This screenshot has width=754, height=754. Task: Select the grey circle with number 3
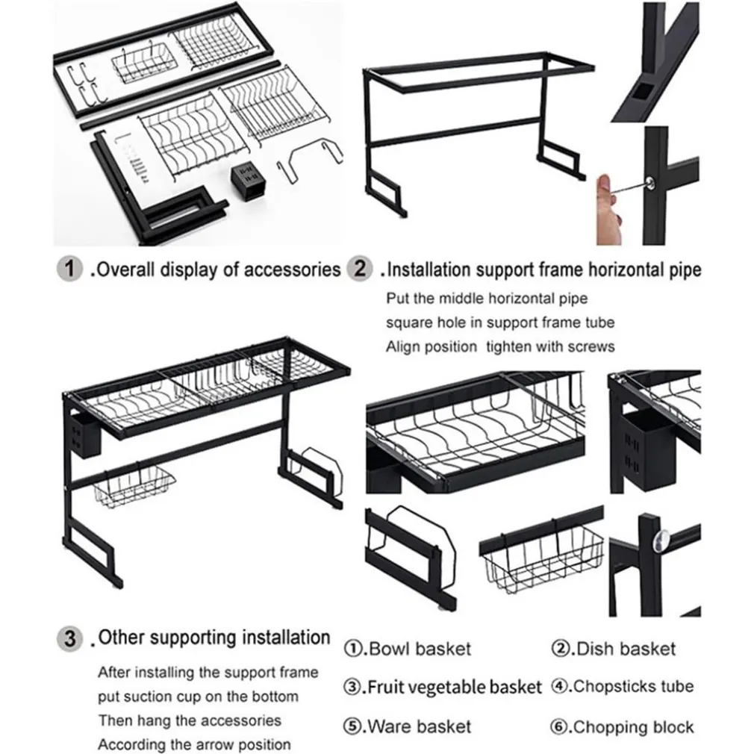[69, 638]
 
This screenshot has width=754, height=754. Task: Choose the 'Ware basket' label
[420, 726]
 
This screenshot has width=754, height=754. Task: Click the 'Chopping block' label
[634, 726]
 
